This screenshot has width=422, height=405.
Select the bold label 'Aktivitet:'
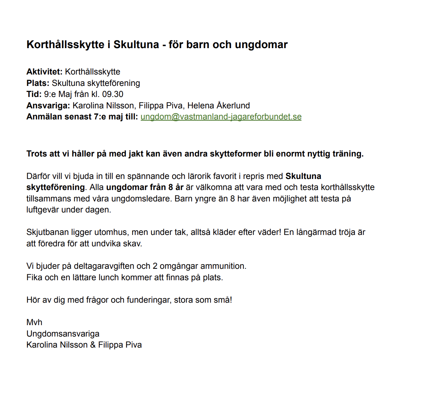click(x=44, y=72)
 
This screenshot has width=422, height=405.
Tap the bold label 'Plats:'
click(x=38, y=83)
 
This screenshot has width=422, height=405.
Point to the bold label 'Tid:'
click(x=34, y=94)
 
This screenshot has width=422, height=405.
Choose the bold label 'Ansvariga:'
click(x=48, y=106)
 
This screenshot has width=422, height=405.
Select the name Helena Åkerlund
click(x=218, y=106)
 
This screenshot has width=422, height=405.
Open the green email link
click(x=221, y=117)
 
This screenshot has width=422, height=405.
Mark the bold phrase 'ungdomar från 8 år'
click(x=145, y=187)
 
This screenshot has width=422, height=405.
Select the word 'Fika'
click(x=34, y=277)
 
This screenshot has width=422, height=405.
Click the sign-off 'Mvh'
click(x=34, y=322)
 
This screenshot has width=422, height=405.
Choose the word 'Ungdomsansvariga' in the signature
click(x=63, y=334)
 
